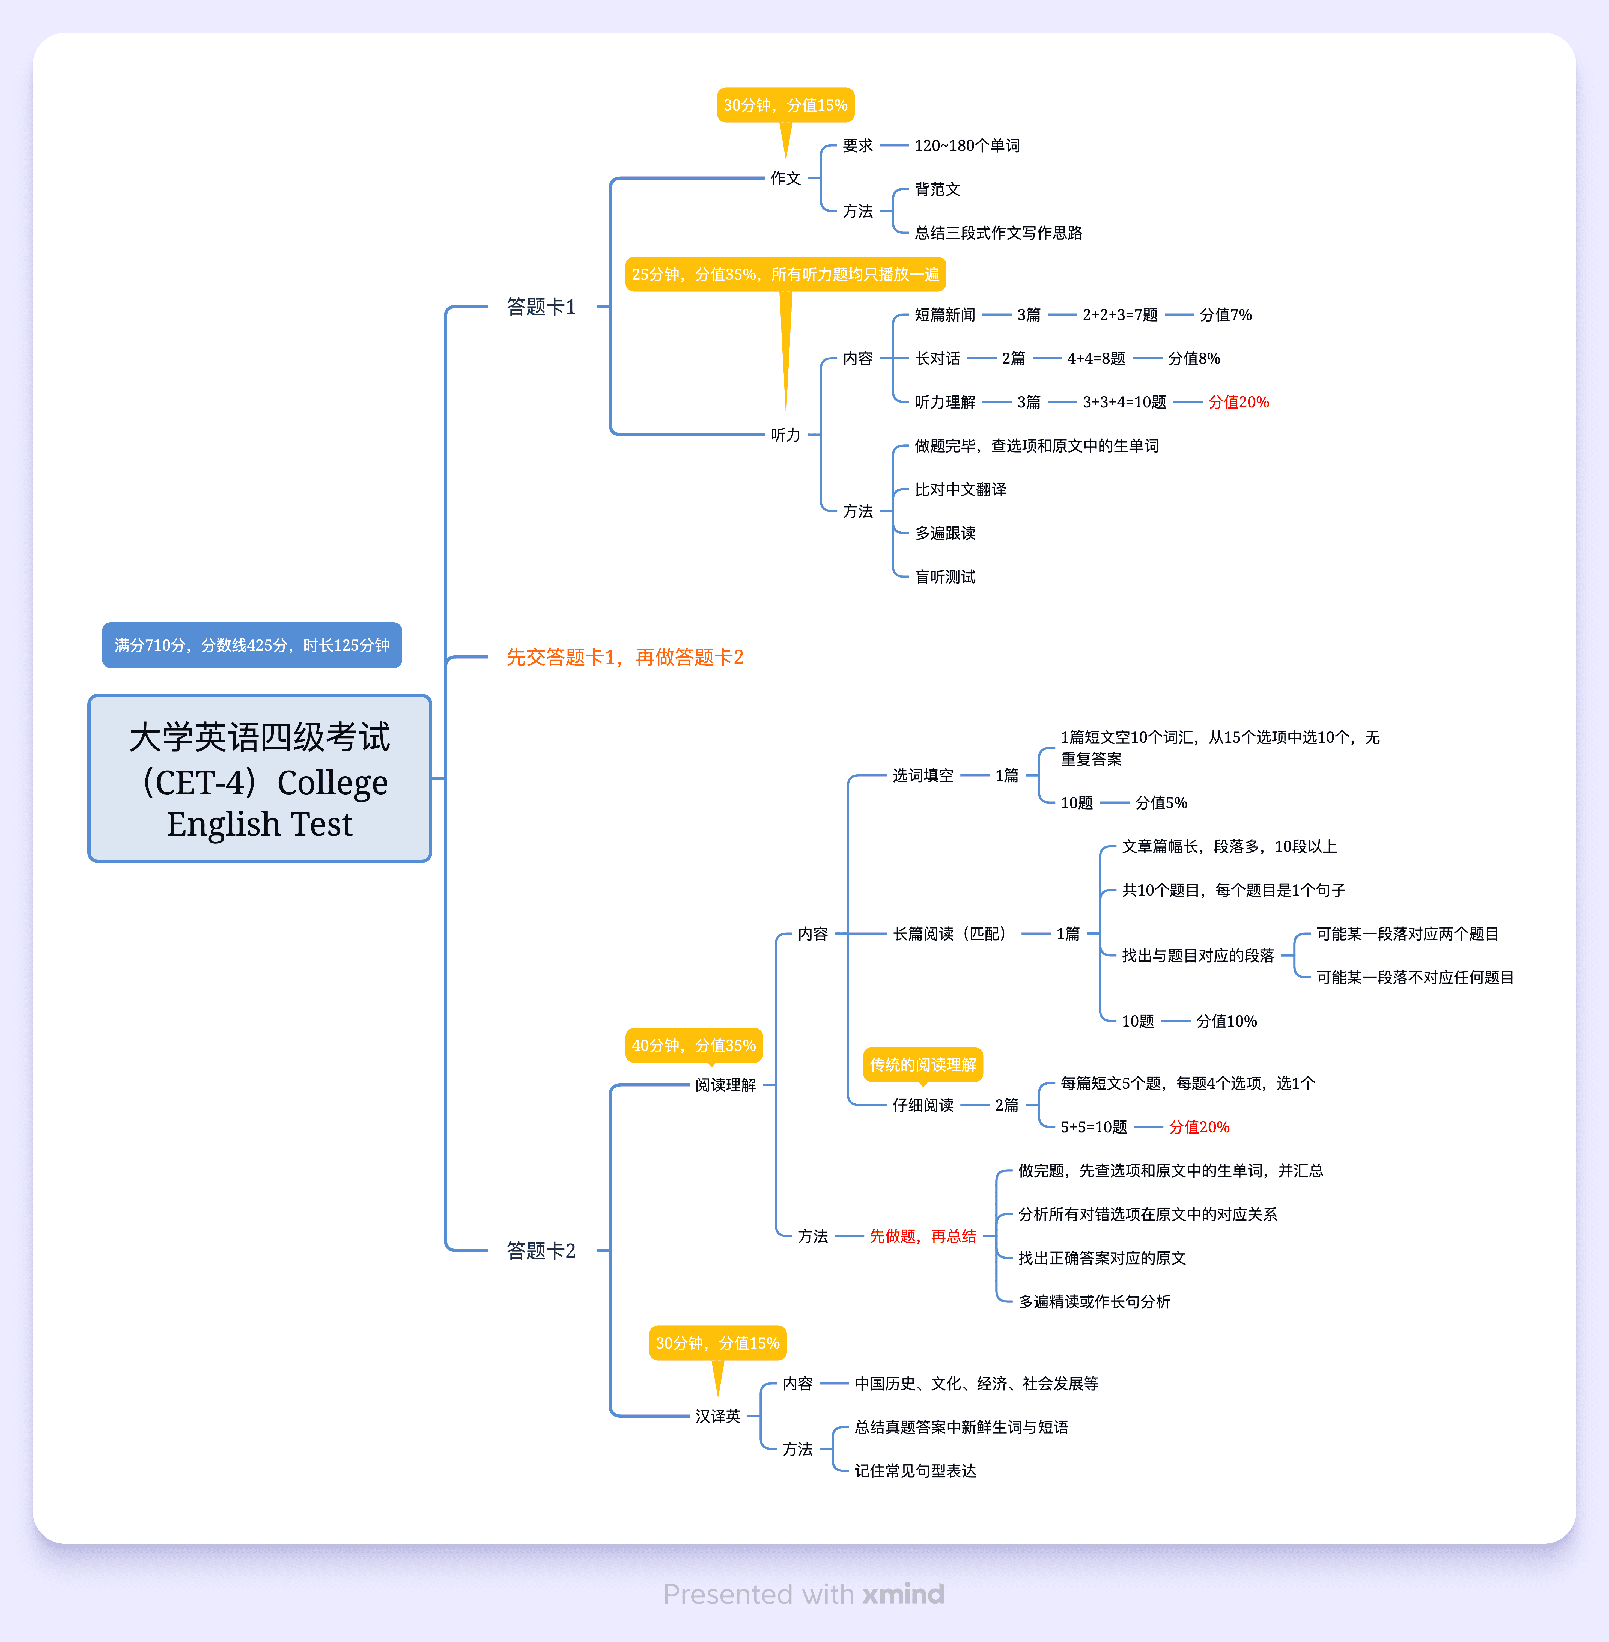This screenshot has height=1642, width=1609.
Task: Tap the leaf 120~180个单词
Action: tap(967, 145)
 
